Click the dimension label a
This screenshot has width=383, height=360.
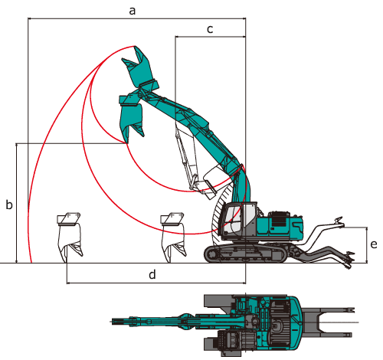(132, 11)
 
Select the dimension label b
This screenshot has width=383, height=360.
(9, 205)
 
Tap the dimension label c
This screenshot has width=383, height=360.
(210, 29)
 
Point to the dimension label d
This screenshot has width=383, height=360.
(152, 274)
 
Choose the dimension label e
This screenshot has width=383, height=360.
(374, 244)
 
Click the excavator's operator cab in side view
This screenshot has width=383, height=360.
(239, 221)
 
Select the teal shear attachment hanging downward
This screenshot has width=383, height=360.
(131, 117)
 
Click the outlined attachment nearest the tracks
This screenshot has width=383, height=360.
(173, 236)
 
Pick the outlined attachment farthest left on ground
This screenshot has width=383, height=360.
(70, 236)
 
